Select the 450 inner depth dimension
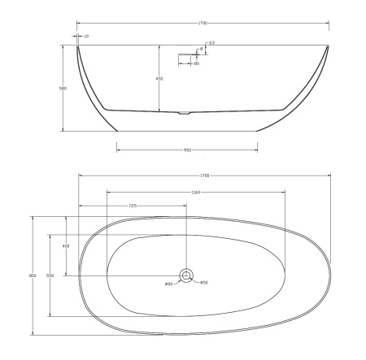(x=160, y=79)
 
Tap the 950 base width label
(x=187, y=150)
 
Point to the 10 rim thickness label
(x=87, y=37)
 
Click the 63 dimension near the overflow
(x=212, y=42)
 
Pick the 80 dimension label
(x=197, y=63)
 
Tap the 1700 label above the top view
(x=206, y=176)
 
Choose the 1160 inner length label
(x=195, y=193)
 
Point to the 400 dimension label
(x=66, y=245)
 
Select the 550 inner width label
(x=50, y=276)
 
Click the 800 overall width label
(x=33, y=276)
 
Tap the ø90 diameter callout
(x=168, y=284)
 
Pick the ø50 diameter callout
(x=204, y=283)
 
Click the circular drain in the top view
(x=186, y=275)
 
